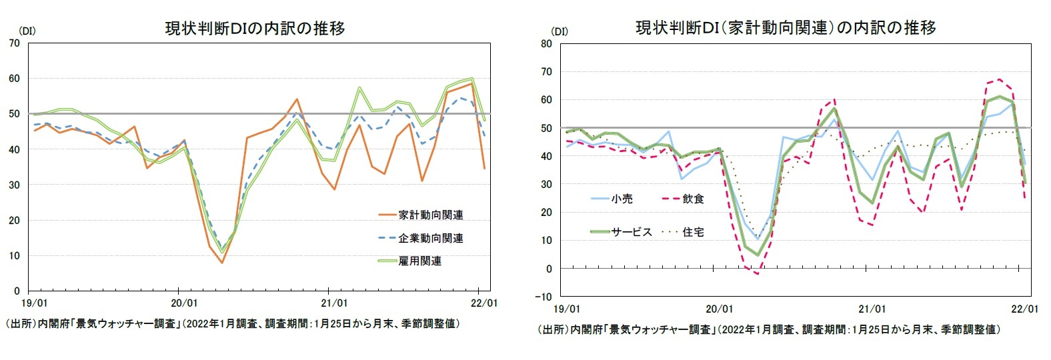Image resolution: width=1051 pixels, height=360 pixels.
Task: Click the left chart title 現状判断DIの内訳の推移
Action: point(255,28)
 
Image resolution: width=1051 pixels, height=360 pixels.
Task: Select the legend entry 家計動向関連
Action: point(430,215)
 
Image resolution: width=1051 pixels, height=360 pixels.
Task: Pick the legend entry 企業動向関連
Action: point(430,238)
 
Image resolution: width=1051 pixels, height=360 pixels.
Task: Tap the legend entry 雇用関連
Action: point(419,261)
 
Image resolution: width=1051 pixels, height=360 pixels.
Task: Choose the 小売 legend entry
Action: point(622,199)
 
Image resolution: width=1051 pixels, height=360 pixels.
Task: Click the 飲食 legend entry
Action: point(692,199)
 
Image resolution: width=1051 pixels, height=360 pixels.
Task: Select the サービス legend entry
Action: point(631,232)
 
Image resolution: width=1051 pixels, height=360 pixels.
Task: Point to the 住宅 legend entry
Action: point(692,232)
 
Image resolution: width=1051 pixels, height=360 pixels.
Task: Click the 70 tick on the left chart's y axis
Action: point(14,43)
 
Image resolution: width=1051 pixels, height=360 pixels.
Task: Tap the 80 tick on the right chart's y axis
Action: point(546,44)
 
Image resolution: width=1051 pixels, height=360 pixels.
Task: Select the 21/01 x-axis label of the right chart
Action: point(871,309)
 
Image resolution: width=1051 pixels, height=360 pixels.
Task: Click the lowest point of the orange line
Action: point(221,263)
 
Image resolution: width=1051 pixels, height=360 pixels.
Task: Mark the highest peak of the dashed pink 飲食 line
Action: point(999,79)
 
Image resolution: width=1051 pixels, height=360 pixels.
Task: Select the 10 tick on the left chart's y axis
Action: point(14,255)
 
